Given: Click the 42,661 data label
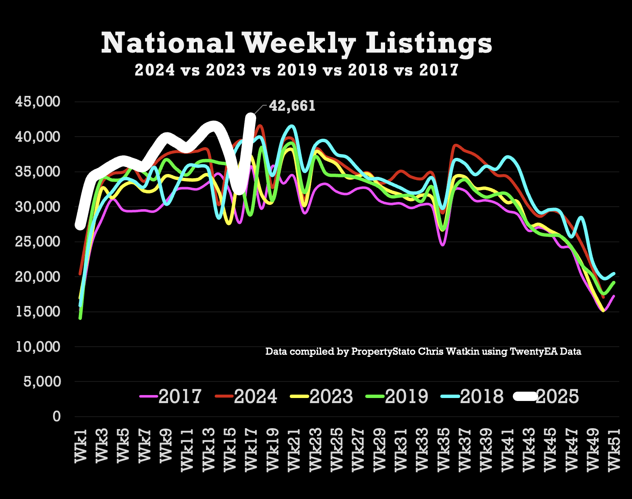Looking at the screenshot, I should [x=292, y=106].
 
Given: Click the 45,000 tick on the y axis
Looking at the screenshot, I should [x=38, y=102].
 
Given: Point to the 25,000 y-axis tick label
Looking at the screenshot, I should [x=38, y=242].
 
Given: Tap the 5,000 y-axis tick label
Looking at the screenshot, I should [x=42, y=381].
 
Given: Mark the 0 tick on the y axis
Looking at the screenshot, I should [x=56, y=417].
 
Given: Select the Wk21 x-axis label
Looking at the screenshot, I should [x=294, y=449].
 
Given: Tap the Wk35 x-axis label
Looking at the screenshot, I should [x=443, y=449].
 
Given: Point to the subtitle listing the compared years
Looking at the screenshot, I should [x=296, y=70].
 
